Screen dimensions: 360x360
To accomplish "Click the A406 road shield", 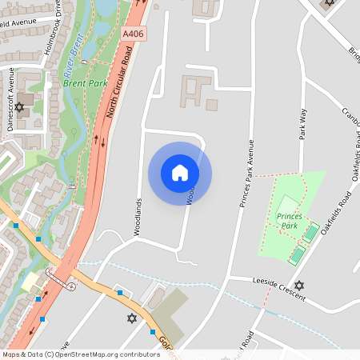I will [x=134, y=34].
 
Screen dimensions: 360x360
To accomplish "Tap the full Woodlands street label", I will [x=138, y=216].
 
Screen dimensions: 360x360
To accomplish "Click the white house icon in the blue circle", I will [x=179, y=173].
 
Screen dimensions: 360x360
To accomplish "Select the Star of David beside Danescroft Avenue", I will [x=19, y=106].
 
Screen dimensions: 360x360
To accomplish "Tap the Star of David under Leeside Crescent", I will [x=299, y=286].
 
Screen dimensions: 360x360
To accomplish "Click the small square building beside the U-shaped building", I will [x=212, y=105].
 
